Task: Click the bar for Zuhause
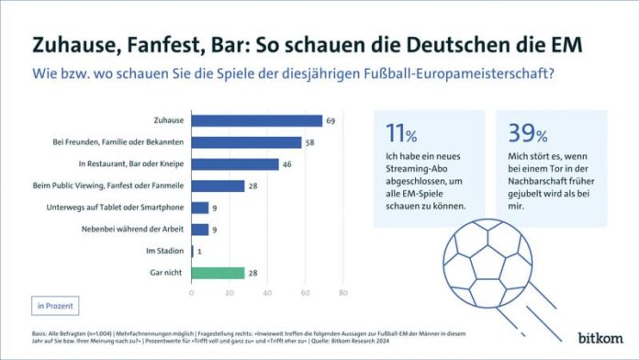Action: tap(256, 120)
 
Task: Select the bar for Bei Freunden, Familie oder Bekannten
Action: tap(246, 142)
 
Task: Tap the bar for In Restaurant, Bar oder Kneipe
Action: tap(234, 164)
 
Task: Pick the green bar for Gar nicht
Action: tap(218, 273)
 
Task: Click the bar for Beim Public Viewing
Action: tap(218, 186)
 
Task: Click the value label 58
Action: tap(309, 142)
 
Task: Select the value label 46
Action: tap(286, 164)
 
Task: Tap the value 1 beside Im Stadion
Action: tap(200, 251)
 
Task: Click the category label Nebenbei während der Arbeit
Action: tap(138, 230)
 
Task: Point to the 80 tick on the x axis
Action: tap(342, 293)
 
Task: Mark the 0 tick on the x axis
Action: tap(191, 293)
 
